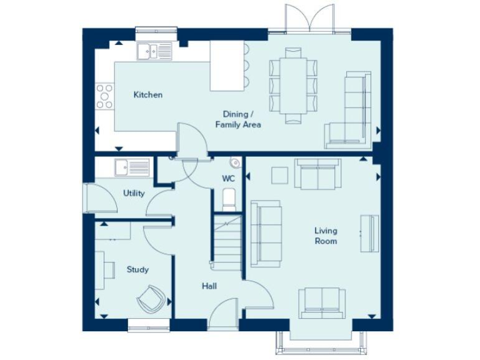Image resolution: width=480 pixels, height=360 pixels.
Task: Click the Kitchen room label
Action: click(148, 95)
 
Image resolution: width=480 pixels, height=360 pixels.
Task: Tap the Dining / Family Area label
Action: click(238, 119)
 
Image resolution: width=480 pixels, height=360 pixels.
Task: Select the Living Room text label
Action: click(326, 236)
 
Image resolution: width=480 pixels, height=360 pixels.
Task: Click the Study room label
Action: click(137, 270)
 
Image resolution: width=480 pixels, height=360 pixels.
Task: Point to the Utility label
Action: click(134, 193)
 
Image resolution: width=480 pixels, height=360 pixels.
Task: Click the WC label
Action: click(228, 179)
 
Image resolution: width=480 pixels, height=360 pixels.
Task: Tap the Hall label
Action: click(209, 286)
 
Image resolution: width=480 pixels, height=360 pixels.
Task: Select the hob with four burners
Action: click(105, 96)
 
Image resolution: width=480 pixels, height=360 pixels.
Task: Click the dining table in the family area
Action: click(293, 85)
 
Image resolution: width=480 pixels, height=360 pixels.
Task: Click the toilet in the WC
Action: click(229, 199)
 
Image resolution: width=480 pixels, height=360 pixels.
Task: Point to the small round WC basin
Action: click(235, 163)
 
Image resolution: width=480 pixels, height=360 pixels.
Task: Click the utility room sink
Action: click(132, 167)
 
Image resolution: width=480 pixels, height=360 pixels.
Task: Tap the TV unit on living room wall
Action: click(369, 233)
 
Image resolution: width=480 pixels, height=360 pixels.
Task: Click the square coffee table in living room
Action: click(279, 176)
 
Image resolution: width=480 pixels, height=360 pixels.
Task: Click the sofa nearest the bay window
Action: click(321, 303)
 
